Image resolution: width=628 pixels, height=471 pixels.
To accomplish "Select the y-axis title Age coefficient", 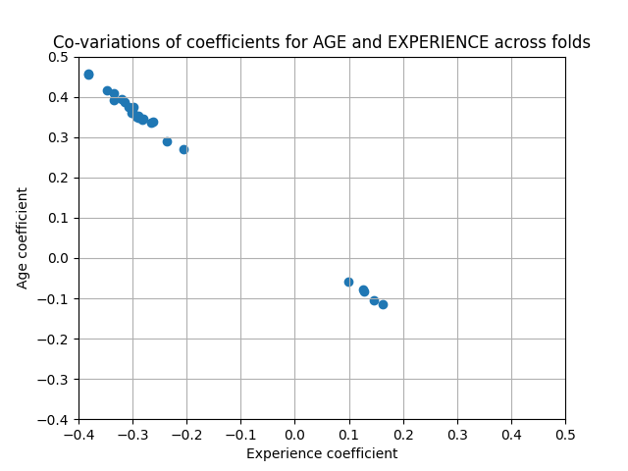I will click(x=24, y=238).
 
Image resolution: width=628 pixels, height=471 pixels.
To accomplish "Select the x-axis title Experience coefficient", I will click(x=322, y=453).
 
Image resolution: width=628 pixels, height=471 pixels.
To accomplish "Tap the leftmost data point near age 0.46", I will click(x=88, y=75).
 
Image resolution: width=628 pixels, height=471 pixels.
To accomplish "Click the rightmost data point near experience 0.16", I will click(x=383, y=304).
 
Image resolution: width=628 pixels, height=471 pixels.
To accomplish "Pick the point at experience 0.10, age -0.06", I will click(x=348, y=282).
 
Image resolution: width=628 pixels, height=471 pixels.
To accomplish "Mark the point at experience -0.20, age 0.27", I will click(x=183, y=149).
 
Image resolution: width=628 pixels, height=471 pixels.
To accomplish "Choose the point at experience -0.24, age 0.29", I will click(x=167, y=141).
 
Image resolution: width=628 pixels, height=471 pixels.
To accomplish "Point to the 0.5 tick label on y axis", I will click(x=60, y=57).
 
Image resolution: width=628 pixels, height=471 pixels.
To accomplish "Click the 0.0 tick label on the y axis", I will click(x=60, y=258).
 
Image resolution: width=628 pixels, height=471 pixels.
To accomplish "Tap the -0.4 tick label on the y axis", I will click(x=56, y=419).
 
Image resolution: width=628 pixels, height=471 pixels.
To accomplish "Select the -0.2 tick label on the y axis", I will click(x=56, y=339).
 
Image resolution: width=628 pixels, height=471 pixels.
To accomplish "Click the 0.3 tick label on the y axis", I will click(x=60, y=137).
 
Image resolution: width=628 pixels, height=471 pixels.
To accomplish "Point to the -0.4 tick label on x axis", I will click(x=78, y=434).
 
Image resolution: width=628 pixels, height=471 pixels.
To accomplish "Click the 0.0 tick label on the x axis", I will click(x=294, y=434).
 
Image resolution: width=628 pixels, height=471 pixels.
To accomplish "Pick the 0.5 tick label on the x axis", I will click(x=565, y=434).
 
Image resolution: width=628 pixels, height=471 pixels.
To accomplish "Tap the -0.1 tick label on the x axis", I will click(x=240, y=434).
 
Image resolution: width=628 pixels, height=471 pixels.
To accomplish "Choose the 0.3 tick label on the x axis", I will click(x=457, y=434).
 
